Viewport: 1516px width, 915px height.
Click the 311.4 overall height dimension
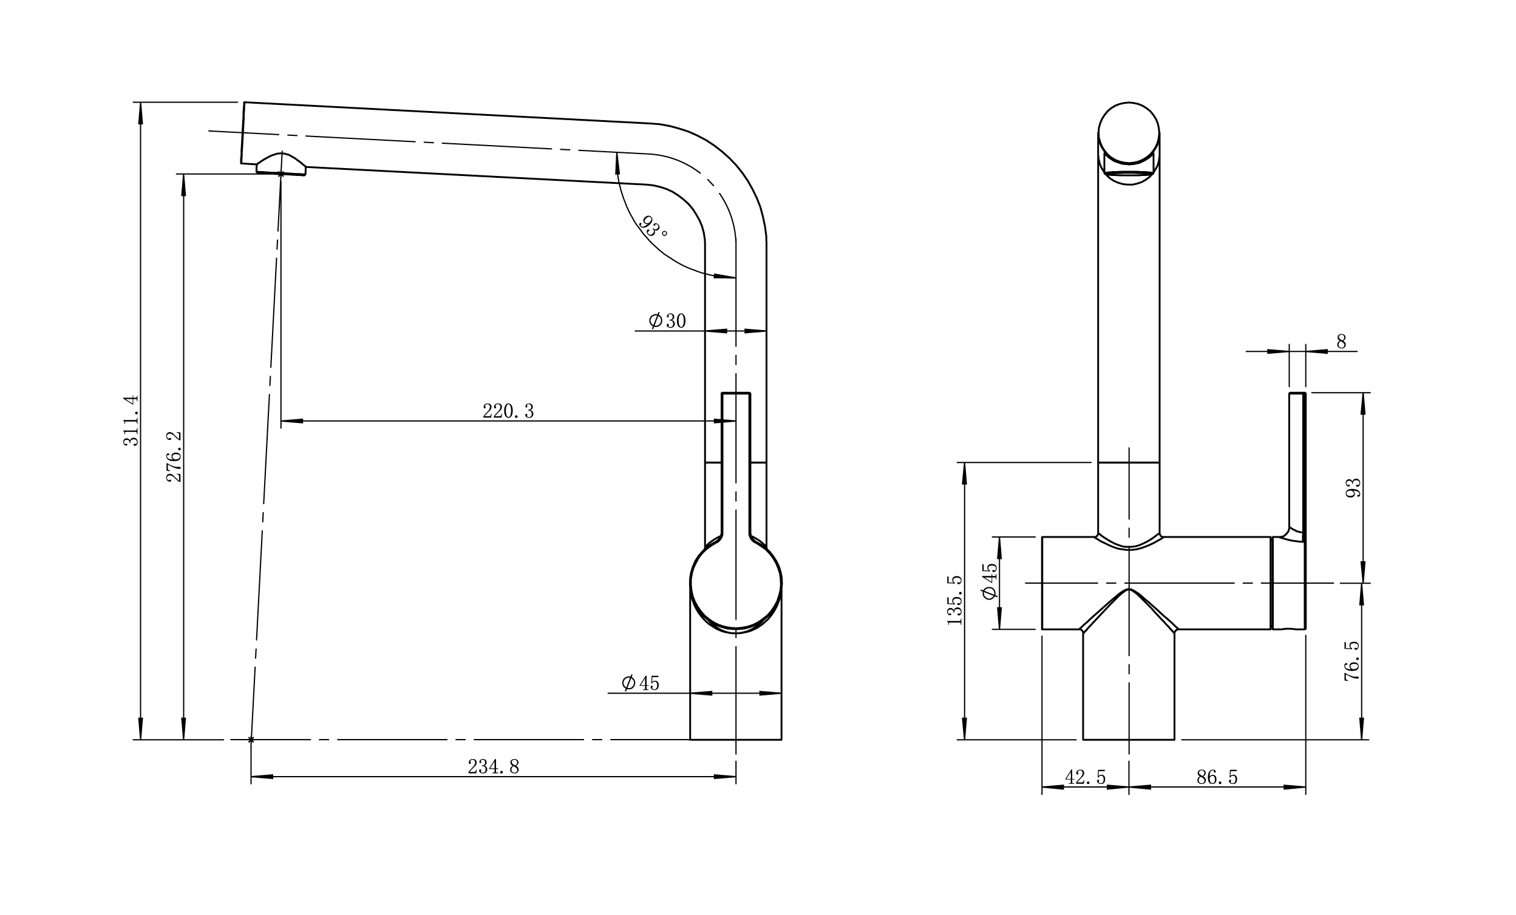131,420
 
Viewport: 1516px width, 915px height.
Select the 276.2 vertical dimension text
175,456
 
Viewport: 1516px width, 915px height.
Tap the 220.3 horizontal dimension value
508,411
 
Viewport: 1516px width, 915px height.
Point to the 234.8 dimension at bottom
494,767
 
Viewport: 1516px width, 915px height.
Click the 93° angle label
653,227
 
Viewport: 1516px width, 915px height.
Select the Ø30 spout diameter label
667,321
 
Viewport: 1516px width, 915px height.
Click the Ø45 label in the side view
640,683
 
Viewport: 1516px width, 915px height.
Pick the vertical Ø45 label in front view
990,581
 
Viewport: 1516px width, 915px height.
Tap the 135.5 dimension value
954,601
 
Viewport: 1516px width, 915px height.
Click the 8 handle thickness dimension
1341,342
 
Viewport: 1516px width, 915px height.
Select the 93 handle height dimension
1354,488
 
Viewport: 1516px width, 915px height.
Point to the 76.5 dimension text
1351,661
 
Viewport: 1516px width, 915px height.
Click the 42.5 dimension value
1086,778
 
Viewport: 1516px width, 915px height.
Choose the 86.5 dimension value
1216,778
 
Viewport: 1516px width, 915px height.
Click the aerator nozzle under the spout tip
280,165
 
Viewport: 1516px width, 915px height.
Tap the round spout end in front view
1129,133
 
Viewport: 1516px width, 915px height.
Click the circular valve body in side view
736,582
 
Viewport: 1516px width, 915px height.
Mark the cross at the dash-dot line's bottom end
251,740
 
